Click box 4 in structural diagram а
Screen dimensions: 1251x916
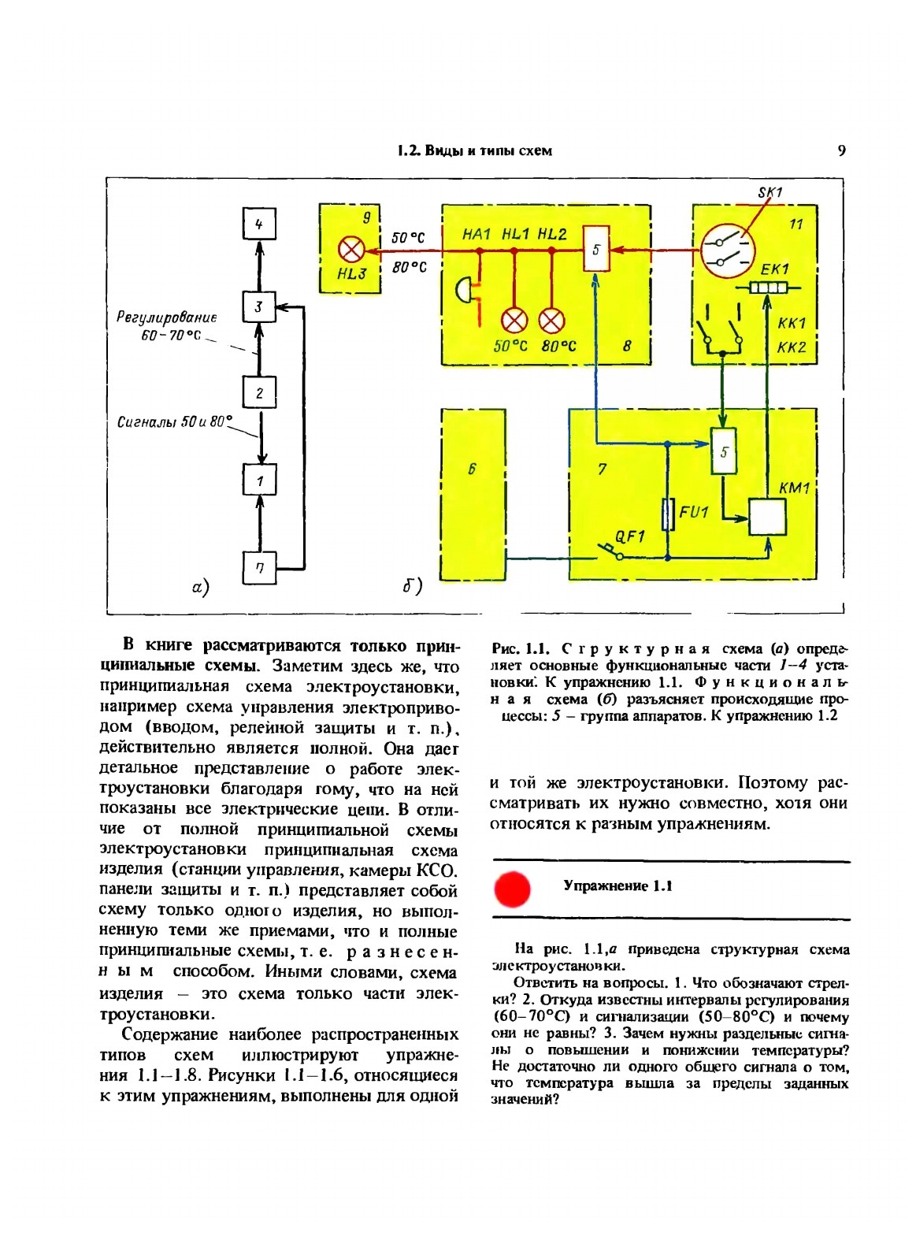259,225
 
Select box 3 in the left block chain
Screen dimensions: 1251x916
259,307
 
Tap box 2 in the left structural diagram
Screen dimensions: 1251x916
259,392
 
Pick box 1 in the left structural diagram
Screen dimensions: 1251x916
259,480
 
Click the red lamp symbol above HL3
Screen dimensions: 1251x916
350,251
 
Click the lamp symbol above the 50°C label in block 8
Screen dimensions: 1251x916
514,321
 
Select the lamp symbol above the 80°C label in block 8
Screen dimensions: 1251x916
551,321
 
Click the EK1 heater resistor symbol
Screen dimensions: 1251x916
768,288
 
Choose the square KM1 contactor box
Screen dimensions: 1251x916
767,518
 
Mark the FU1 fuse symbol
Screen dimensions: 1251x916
668,514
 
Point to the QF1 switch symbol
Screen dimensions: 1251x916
610,551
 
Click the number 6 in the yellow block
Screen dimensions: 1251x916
472,470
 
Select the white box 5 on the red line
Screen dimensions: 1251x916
596,250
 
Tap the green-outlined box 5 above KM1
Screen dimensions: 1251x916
723,452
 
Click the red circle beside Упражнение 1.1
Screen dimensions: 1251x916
513,889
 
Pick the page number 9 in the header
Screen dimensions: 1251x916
841,150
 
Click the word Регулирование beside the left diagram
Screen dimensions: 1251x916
166,317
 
